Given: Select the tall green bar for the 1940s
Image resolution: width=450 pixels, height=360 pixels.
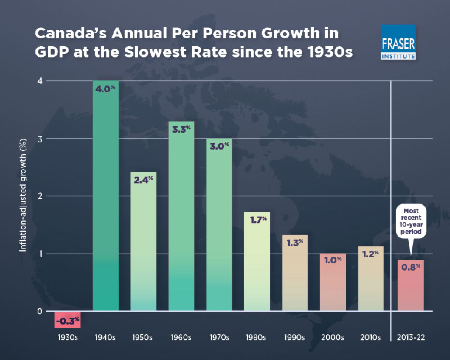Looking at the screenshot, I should pos(105,197).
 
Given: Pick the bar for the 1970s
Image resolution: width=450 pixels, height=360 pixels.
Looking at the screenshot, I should pos(219,225).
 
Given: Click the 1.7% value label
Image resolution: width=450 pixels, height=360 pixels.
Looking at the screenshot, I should pos(258,220).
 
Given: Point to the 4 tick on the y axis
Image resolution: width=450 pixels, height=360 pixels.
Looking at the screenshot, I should pos(40,81).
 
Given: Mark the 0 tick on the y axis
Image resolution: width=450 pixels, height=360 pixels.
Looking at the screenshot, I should pos(40,311).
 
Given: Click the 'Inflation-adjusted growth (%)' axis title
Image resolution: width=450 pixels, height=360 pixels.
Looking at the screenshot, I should pos(25,197).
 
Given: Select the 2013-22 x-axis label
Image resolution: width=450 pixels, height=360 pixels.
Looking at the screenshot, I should pos(411,338).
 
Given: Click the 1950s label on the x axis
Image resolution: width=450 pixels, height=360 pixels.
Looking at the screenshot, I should pos(143,338).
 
